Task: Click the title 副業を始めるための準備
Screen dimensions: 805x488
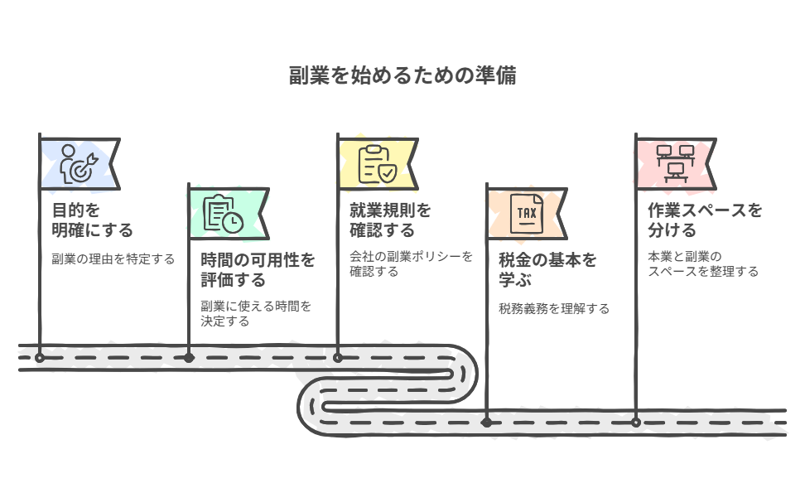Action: [x=402, y=75]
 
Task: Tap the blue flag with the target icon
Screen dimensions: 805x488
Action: [x=80, y=164]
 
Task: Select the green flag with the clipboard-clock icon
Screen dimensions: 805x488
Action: [x=229, y=214]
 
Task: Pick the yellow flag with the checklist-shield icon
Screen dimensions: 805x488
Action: [x=378, y=164]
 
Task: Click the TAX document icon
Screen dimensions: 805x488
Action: [x=527, y=213]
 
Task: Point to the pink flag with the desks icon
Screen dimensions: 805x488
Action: [x=676, y=164]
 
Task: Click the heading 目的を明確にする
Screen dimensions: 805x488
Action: [x=93, y=220]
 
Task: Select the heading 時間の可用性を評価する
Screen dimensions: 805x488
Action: [x=258, y=270]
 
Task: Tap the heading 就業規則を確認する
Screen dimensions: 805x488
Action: [x=390, y=220]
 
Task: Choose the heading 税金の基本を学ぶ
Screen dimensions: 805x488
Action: [x=547, y=270]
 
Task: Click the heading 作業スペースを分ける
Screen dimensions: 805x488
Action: [x=705, y=220]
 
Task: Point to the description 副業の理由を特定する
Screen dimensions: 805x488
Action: [x=113, y=258]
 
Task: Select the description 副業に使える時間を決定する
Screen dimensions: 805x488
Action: [x=256, y=313]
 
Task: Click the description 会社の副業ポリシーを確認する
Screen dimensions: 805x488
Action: [x=411, y=263]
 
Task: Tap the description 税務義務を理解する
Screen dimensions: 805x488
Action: [x=554, y=309]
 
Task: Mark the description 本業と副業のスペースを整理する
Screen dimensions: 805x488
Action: [x=703, y=263]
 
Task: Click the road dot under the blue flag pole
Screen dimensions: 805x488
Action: [x=40, y=358]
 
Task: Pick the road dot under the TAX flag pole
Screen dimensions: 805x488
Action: [x=487, y=423]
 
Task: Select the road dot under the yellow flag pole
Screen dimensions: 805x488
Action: [x=337, y=358]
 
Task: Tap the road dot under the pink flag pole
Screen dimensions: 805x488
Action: [x=635, y=423]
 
